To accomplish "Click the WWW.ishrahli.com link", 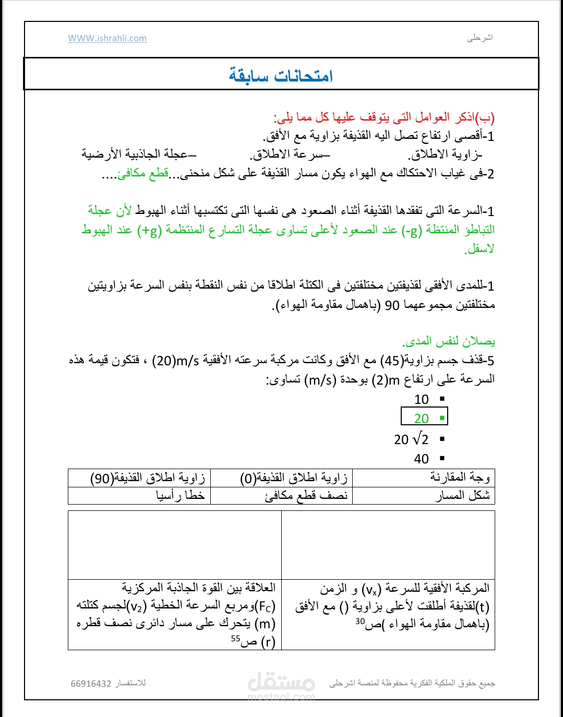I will coord(107,38).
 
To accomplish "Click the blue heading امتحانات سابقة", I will coord(281,76).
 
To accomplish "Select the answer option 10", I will coord(422,400).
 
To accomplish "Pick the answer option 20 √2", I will coord(412,439).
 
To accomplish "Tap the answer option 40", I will coord(422,459).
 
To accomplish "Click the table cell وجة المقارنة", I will coord(460,477).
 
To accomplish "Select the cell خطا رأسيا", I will coord(180,495).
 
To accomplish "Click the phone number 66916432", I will coord(91,684).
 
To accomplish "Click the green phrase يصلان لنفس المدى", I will coord(449,341).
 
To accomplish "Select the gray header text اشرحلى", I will coord(480,38).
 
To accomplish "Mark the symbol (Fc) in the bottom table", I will coord(266,606).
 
